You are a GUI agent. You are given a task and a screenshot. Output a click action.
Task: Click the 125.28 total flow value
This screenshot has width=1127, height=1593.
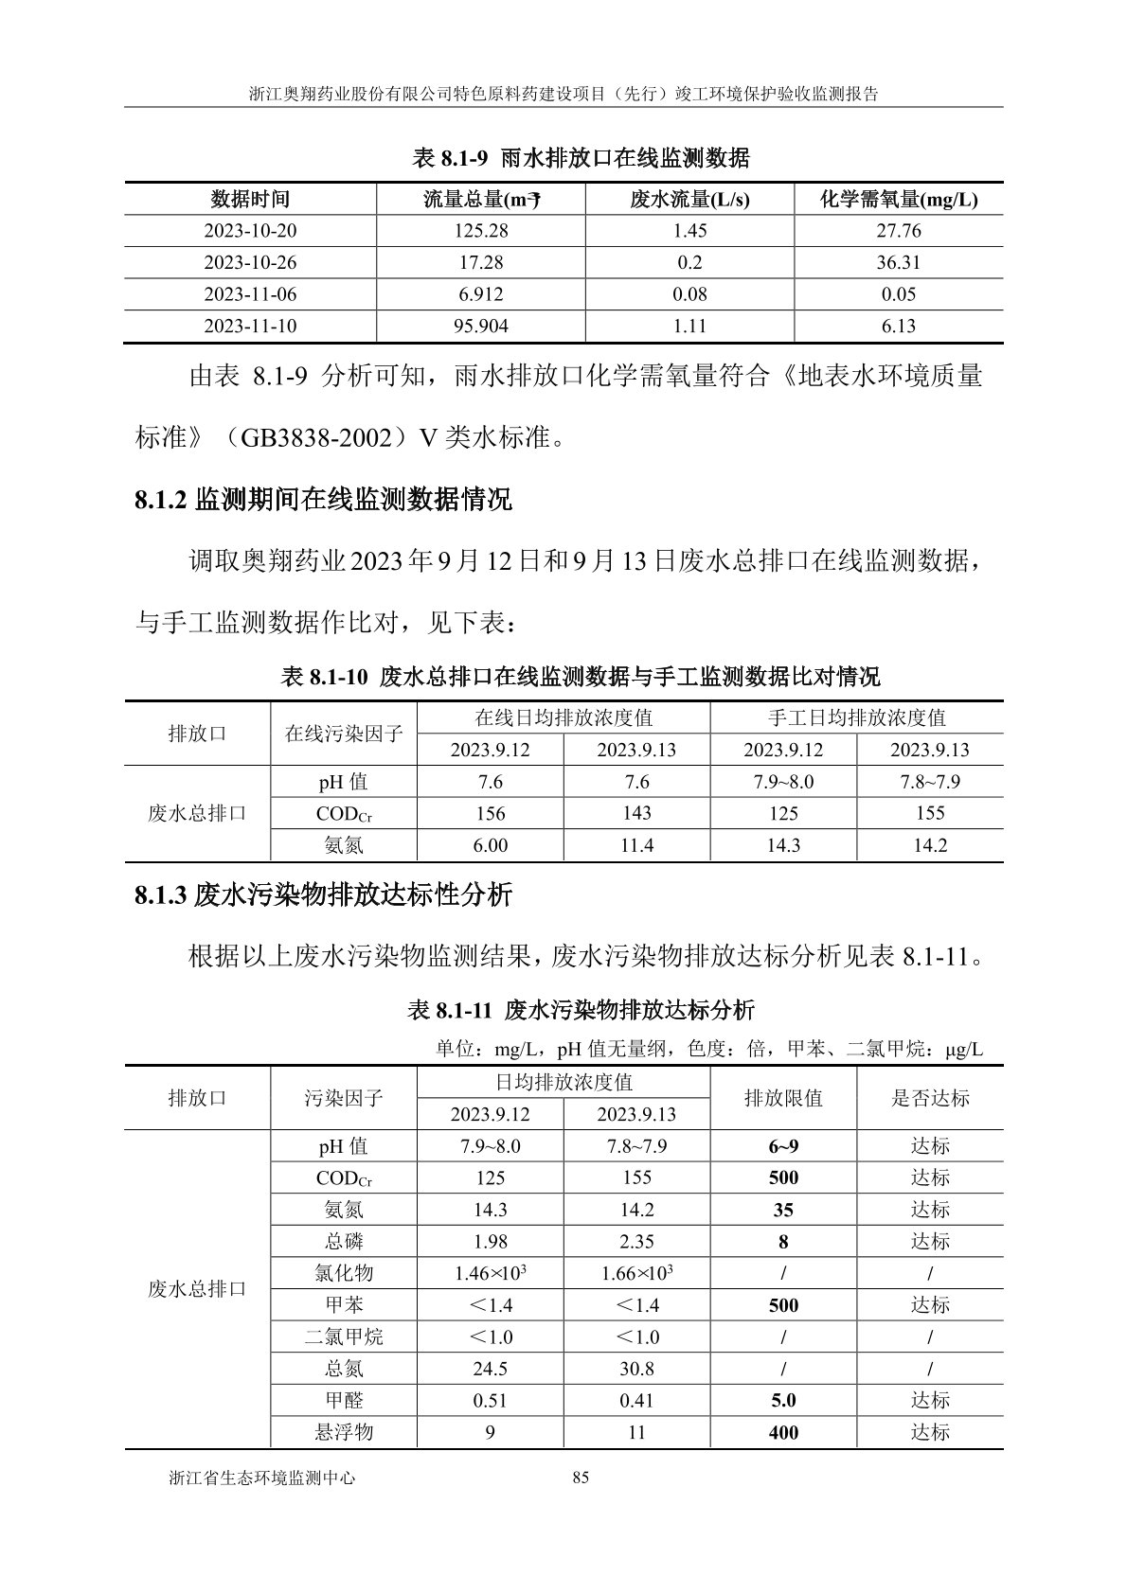coord(480,231)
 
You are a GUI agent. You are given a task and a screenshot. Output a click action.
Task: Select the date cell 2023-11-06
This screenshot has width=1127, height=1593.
coord(250,294)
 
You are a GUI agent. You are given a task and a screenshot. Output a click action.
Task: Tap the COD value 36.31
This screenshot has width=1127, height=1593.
coord(898,262)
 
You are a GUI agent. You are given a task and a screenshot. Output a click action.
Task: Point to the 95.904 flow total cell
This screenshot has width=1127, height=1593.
coord(480,327)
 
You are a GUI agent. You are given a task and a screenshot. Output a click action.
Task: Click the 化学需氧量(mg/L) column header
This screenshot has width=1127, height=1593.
coord(898,200)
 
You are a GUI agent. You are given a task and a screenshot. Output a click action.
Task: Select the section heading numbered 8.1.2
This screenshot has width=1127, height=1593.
coord(324,500)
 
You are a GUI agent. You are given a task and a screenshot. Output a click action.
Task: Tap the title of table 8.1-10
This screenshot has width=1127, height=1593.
coord(581,677)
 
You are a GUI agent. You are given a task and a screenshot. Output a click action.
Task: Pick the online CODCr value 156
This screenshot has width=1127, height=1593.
coord(490,814)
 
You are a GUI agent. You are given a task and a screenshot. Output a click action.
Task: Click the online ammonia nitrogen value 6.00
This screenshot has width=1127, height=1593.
coord(490,845)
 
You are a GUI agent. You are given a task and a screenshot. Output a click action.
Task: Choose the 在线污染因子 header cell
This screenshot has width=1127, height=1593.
coord(344,734)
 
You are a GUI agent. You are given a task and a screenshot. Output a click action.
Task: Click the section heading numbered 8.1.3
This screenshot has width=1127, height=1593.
coord(324,894)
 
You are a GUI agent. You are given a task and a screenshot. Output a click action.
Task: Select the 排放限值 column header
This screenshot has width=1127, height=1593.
coord(783,1098)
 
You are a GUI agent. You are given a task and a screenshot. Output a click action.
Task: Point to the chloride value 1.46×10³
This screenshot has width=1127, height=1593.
coord(490,1273)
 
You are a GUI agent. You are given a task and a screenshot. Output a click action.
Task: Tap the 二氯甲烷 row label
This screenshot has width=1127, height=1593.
coord(344,1336)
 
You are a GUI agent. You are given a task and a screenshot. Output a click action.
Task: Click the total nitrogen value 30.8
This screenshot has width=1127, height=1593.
coord(636,1369)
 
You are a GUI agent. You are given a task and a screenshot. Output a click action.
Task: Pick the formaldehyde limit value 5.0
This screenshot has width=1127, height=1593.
coord(783,1400)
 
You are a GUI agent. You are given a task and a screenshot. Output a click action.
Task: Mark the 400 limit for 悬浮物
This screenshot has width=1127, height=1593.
coord(783,1432)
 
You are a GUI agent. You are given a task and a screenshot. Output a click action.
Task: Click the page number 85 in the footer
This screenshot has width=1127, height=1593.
coord(581,1478)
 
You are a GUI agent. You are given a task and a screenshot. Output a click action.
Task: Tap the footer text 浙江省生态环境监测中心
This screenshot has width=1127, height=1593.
coord(261,1478)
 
